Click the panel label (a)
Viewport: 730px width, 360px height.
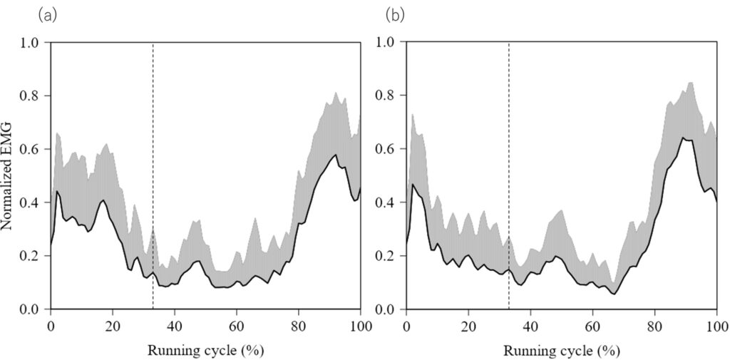coord(50,14)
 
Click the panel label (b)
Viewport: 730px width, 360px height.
coord(395,14)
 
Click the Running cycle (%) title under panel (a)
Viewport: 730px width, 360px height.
coord(205,351)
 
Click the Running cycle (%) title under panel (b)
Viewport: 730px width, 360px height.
coord(561,351)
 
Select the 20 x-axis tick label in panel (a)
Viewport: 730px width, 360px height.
coord(113,325)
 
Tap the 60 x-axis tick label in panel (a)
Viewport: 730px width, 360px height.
coord(237,325)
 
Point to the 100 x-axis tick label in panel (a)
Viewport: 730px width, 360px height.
coord(361,325)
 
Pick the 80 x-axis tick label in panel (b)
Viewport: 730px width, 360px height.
coord(654,325)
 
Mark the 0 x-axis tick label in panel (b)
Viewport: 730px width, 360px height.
coord(406,325)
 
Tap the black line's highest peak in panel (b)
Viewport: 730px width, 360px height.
coord(683,138)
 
